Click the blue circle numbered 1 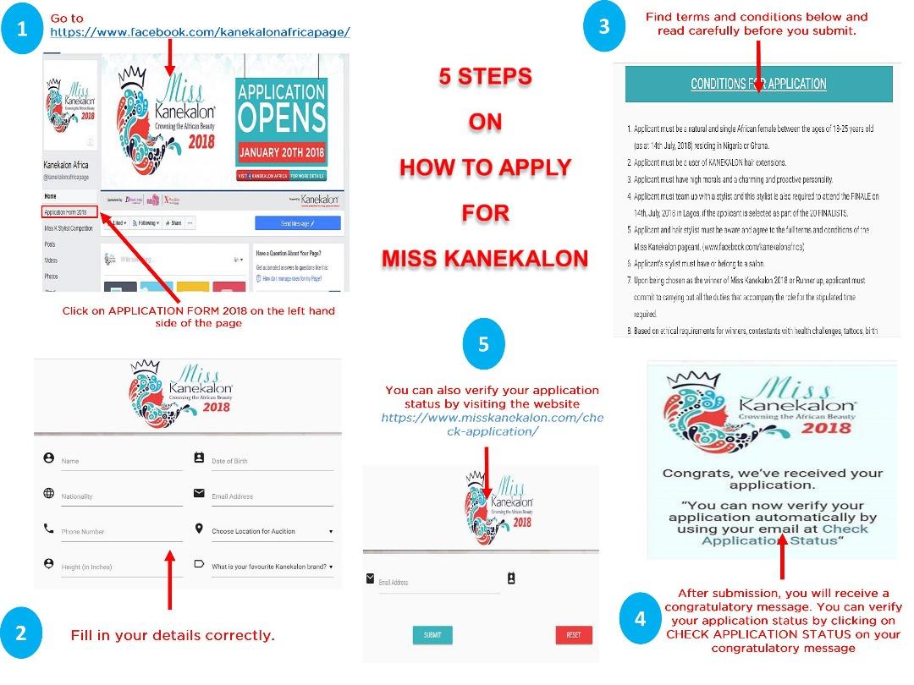coord(22,30)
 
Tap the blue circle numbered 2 coord(22,633)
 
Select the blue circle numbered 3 coord(603,26)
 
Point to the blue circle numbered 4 coord(640,618)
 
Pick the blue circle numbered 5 coord(483,345)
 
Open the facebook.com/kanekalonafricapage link coord(200,32)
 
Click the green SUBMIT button coord(432,635)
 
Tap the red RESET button coord(573,635)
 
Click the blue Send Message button coord(297,222)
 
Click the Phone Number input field coord(120,532)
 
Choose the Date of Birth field coord(271,461)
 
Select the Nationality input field coord(120,496)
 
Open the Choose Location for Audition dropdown coord(271,531)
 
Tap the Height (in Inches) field coord(120,567)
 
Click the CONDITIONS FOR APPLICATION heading coord(758,84)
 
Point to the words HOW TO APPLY coord(485,167)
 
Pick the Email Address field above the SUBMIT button coord(438,583)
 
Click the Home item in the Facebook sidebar coord(51,195)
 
